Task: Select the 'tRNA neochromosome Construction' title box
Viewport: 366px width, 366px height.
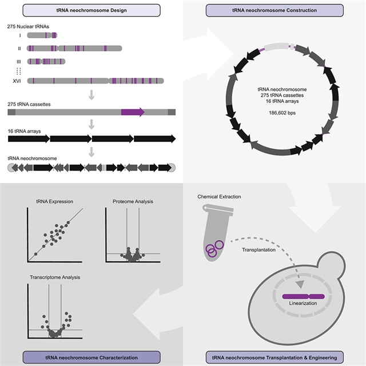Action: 274,10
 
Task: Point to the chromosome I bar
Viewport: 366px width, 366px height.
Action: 42,35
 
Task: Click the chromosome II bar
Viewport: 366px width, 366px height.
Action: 74,49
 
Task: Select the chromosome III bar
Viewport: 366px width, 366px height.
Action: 46,61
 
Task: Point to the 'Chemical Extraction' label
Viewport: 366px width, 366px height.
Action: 220,197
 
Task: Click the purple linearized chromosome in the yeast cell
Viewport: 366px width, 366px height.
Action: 304,296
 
